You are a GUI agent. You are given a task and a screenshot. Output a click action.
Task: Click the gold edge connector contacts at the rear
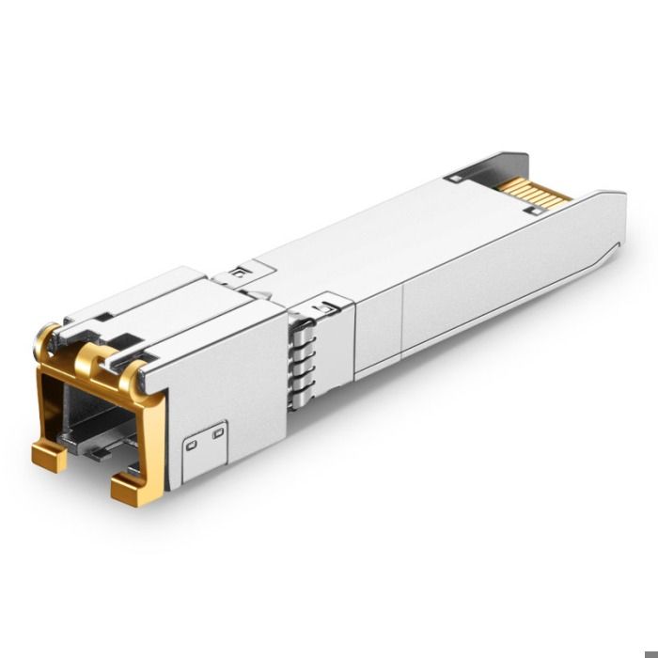536,191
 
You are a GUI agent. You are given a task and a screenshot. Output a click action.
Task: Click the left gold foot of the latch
49,457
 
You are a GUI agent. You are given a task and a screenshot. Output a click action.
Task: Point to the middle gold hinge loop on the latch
91,356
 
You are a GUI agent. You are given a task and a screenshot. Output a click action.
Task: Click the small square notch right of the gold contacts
533,211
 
